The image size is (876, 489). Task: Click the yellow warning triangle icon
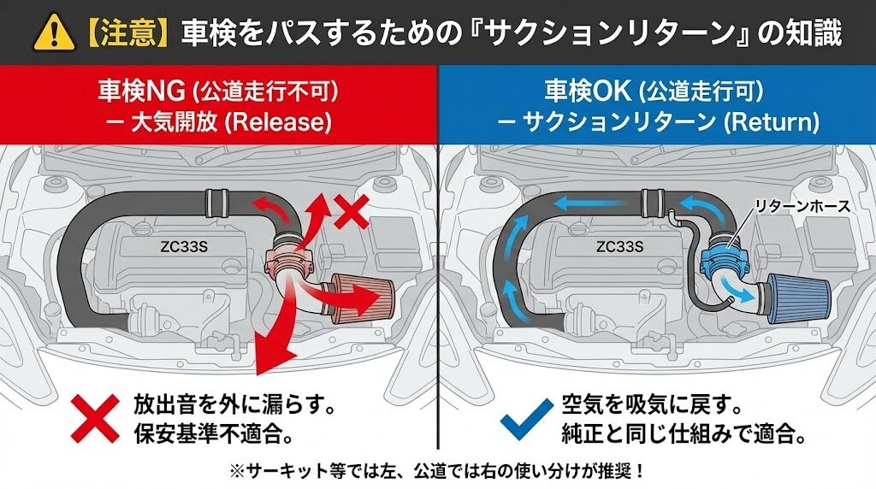click(54, 33)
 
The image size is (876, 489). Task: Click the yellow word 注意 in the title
click(128, 33)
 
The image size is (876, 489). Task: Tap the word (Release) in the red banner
click(278, 121)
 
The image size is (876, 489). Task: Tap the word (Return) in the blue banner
click(771, 121)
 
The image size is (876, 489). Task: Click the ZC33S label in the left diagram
click(184, 246)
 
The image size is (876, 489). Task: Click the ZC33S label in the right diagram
click(619, 246)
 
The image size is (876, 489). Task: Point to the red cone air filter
click(363, 299)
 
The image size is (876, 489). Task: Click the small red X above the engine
click(352, 211)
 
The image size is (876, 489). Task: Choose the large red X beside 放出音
click(95, 419)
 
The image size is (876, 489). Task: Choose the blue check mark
click(526, 419)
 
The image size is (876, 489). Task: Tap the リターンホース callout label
click(802, 206)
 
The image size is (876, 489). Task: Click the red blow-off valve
click(287, 259)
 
